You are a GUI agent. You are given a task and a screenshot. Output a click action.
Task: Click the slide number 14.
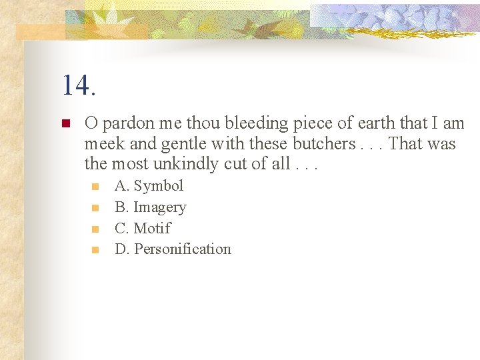coord(79,85)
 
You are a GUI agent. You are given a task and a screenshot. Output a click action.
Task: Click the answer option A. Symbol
coord(149,186)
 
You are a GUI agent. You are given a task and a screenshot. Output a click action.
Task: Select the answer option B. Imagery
coord(150,207)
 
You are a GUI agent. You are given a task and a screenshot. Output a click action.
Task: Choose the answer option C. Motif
coord(142,228)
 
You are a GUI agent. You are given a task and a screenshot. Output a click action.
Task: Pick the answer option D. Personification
coord(173,249)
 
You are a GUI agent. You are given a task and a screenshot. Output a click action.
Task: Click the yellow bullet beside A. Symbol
coord(96,187)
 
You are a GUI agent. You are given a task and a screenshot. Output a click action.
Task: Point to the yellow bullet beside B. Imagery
coord(96,208)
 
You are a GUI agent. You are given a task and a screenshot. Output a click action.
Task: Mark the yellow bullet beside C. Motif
coord(96,229)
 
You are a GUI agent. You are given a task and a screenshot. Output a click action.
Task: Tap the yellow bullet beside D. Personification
coord(96,250)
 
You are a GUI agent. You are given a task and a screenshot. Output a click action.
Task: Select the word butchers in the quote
coord(323,144)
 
